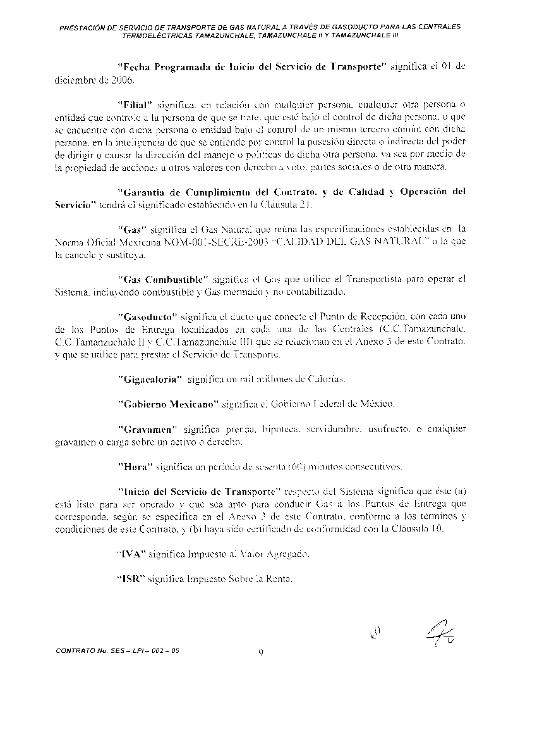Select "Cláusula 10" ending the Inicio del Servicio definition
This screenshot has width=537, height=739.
click(420, 528)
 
